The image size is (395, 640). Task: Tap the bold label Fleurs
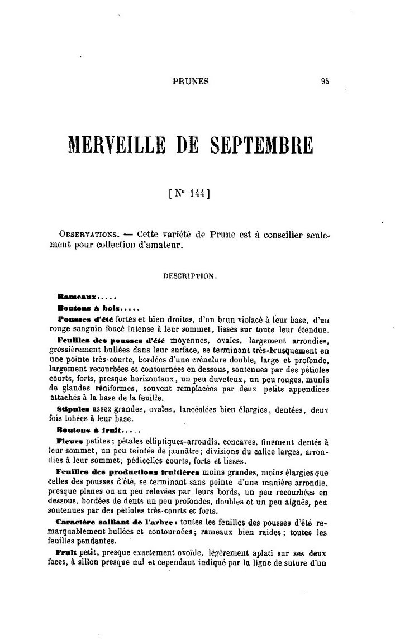pyautogui.click(x=70, y=441)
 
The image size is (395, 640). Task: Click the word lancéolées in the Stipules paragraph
pyautogui.click(x=192, y=410)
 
